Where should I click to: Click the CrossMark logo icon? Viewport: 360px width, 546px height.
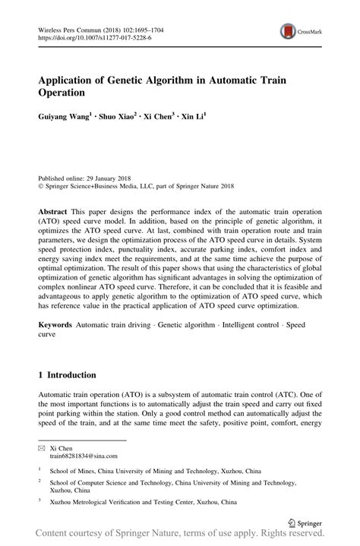tap(289, 31)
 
